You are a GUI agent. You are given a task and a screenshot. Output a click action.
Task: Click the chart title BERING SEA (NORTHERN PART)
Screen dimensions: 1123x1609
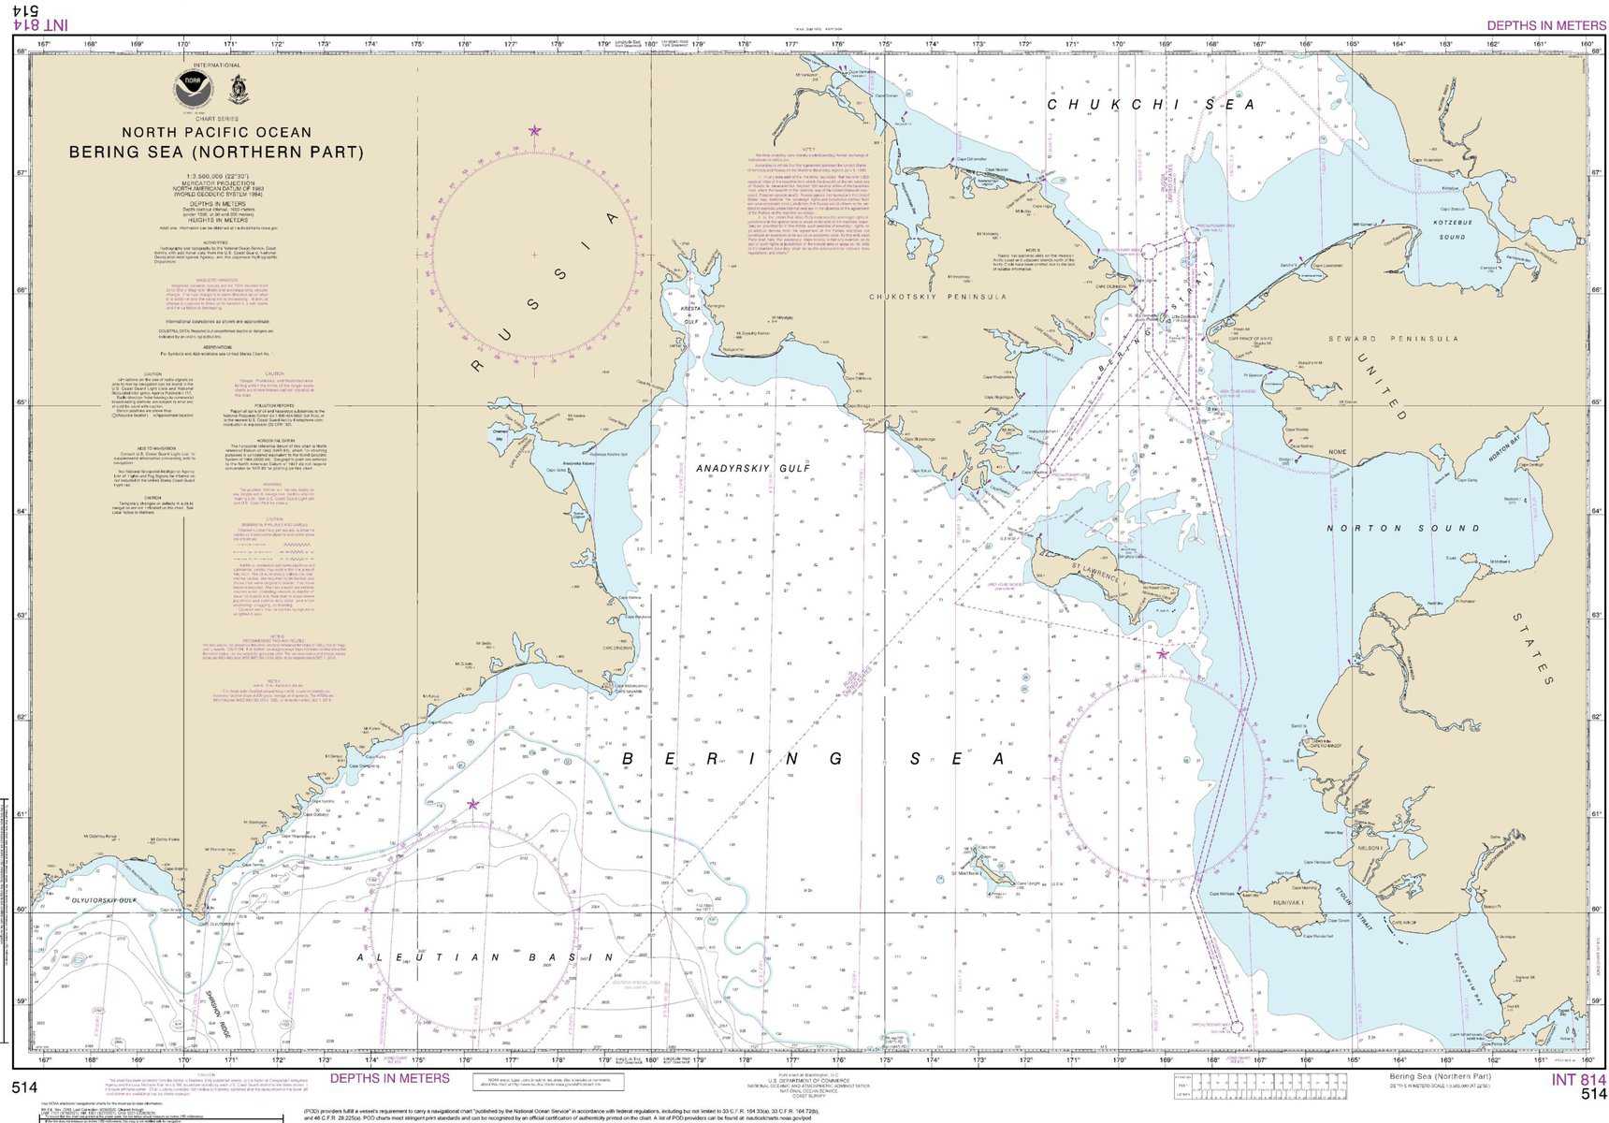pyautogui.click(x=216, y=153)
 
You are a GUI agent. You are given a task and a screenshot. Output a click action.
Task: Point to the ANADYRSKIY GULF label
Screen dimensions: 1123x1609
pyautogui.click(x=753, y=468)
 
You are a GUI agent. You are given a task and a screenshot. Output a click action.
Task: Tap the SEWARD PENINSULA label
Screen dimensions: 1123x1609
pyautogui.click(x=1394, y=339)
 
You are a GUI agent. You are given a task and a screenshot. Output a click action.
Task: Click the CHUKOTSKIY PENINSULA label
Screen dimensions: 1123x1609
pyautogui.click(x=937, y=297)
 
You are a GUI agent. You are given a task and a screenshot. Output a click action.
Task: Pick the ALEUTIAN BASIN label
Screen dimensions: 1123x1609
pyautogui.click(x=486, y=957)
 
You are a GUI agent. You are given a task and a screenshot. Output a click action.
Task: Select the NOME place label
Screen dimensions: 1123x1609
pyautogui.click(x=1337, y=452)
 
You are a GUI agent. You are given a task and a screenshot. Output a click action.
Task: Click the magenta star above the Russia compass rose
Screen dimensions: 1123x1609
pyautogui.click(x=534, y=131)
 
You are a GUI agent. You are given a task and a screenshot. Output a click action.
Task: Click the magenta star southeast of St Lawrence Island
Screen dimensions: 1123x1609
pyautogui.click(x=1162, y=654)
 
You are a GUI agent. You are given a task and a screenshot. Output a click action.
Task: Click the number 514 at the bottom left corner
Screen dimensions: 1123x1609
pyautogui.click(x=24, y=1087)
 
